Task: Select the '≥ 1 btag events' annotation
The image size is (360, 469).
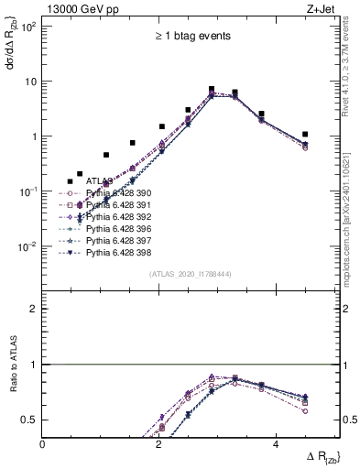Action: click(191, 37)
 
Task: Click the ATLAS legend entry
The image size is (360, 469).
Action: click(100, 181)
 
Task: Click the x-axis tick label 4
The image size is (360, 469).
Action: click(275, 443)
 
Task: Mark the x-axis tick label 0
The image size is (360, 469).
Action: click(43, 443)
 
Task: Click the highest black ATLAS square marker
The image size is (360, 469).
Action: click(212, 90)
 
